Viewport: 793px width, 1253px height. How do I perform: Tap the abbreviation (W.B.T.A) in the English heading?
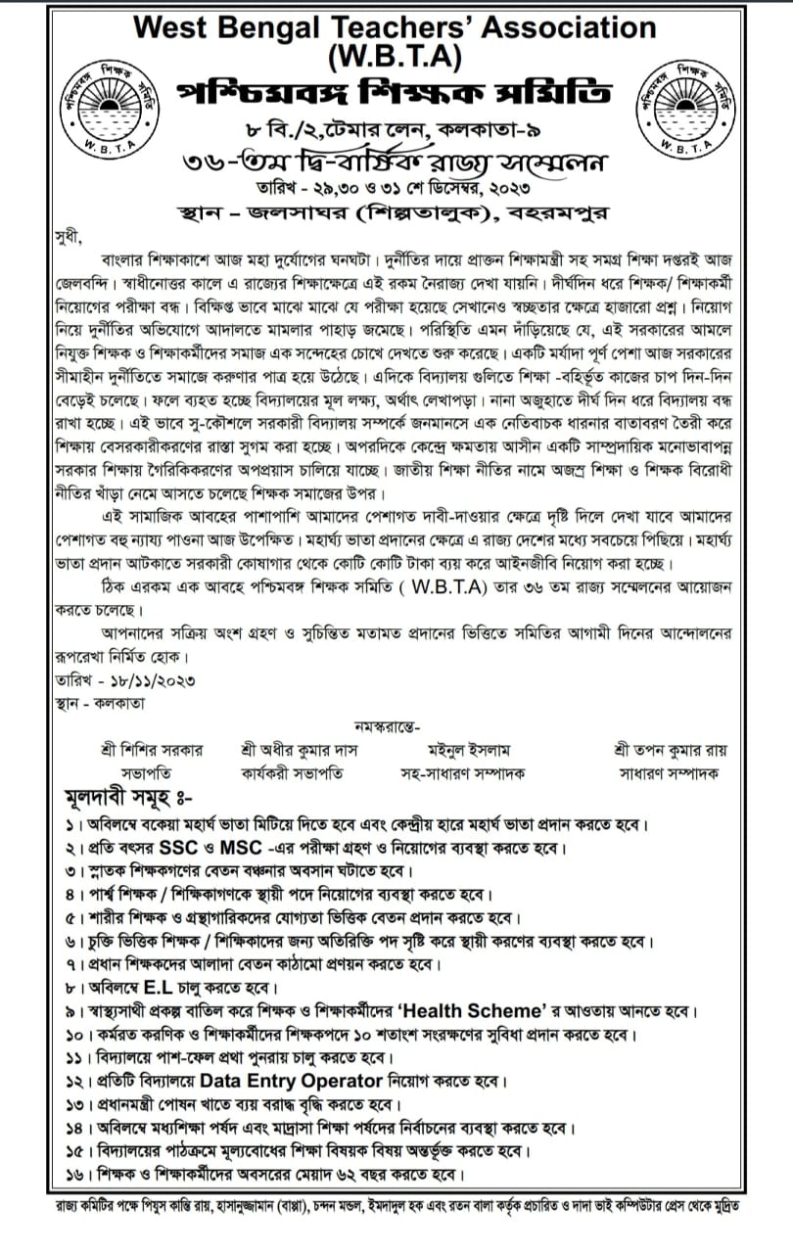point(396,59)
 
